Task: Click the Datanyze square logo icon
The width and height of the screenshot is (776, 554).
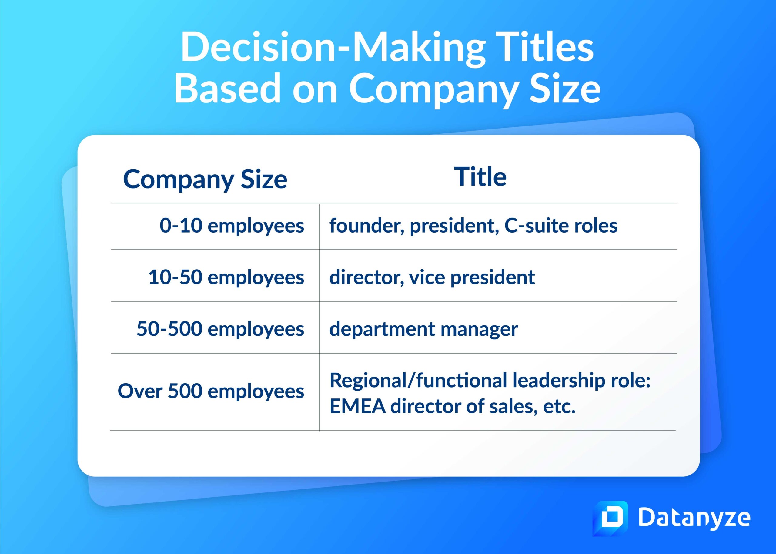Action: [610, 518]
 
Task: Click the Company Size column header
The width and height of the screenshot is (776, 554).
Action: [205, 180]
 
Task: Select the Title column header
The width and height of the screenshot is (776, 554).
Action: [480, 177]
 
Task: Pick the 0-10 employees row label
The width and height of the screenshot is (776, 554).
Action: [232, 226]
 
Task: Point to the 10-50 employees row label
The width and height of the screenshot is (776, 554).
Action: [226, 277]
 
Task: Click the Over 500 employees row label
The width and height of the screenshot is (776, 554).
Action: [211, 391]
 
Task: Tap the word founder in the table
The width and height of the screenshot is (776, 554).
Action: [366, 226]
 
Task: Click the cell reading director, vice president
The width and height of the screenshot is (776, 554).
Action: [432, 277]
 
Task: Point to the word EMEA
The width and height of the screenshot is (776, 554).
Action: [357, 406]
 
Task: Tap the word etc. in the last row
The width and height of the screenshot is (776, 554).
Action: [559, 406]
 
